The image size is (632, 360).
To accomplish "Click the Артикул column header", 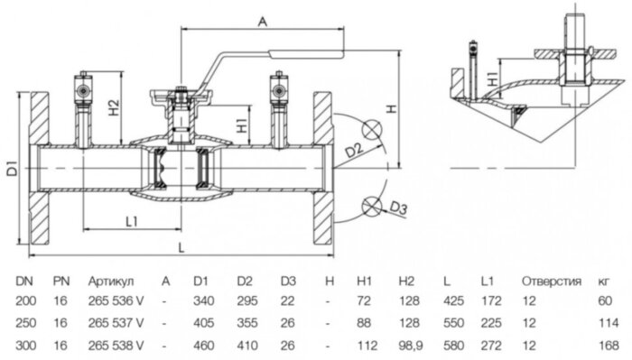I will pyautogui.click(x=109, y=281).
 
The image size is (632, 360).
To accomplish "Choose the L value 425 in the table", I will pyautogui.click(x=456, y=301).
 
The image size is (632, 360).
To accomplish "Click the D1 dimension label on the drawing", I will pyautogui.click(x=12, y=168).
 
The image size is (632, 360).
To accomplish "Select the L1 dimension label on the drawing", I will pyautogui.click(x=131, y=219).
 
